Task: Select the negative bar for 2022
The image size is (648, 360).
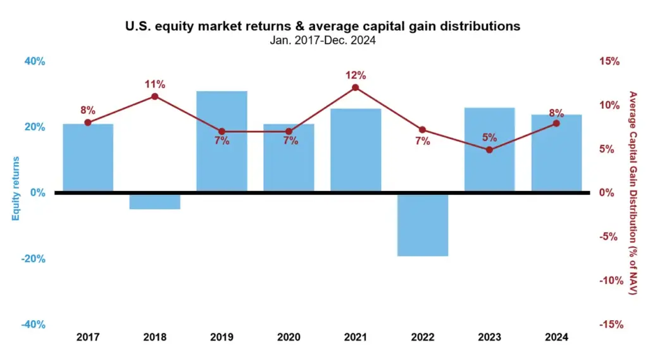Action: [x=422, y=225]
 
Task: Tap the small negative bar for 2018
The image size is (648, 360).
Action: [x=154, y=201]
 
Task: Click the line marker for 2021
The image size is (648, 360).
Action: [x=355, y=87]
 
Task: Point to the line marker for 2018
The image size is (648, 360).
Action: [x=154, y=96]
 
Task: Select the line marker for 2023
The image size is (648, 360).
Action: [x=489, y=150]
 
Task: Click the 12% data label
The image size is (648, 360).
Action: [x=355, y=75]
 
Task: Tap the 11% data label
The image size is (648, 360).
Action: [x=154, y=84]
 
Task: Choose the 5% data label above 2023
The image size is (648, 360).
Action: [x=489, y=138]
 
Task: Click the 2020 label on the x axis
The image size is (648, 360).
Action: [x=289, y=337]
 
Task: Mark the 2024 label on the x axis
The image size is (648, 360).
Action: [x=556, y=337]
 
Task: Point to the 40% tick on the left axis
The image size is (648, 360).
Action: [x=35, y=61]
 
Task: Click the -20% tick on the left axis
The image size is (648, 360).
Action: [x=34, y=259]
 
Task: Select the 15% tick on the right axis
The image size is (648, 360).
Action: [x=609, y=61]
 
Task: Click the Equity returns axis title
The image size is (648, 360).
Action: [x=16, y=188]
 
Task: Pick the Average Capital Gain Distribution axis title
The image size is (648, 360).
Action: [x=632, y=193]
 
